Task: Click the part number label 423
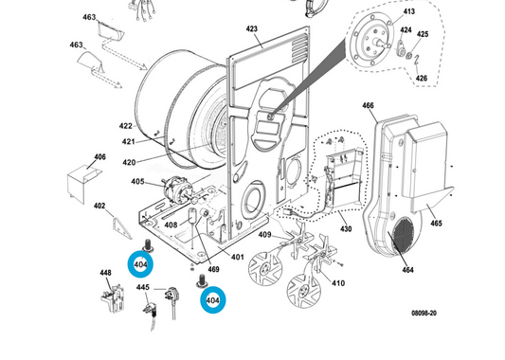[251, 29]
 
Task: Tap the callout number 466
[368, 105]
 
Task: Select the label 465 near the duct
[436, 224]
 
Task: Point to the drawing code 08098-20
[424, 313]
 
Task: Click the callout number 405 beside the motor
[137, 182]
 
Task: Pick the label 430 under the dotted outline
[346, 228]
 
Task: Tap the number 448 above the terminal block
[105, 273]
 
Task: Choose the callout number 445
[143, 287]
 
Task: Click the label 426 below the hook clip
[422, 78]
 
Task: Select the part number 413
[409, 11]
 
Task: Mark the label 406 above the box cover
[99, 157]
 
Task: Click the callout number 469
[213, 269]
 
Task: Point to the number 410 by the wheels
[338, 283]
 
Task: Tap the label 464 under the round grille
[407, 270]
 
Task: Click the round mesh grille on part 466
[403, 234]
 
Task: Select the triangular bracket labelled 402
[121, 228]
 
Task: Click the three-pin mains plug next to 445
[171, 295]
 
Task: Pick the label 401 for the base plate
[238, 257]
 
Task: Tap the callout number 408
[171, 225]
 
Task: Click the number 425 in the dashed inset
[423, 34]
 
